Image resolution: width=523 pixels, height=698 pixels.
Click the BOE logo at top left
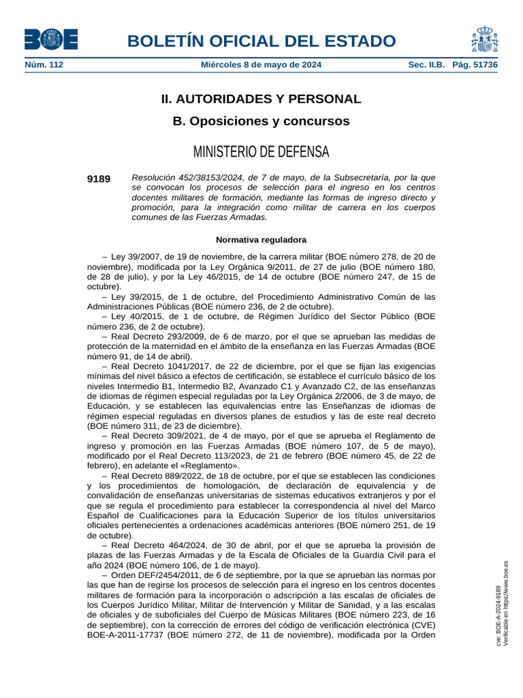tap(51, 39)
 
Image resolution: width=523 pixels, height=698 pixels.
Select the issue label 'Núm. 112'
tap(44, 65)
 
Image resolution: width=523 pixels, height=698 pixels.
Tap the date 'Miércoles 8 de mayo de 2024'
tap(261, 65)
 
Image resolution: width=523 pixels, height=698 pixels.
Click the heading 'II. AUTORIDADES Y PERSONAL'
tap(261, 99)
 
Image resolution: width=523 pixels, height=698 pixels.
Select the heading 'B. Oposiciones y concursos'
tap(261, 121)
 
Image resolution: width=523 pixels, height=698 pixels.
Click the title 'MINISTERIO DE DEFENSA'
tap(261, 151)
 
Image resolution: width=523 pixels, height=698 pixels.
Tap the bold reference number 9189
tap(99, 179)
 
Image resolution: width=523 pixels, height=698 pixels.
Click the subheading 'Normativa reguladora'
tap(261, 240)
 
